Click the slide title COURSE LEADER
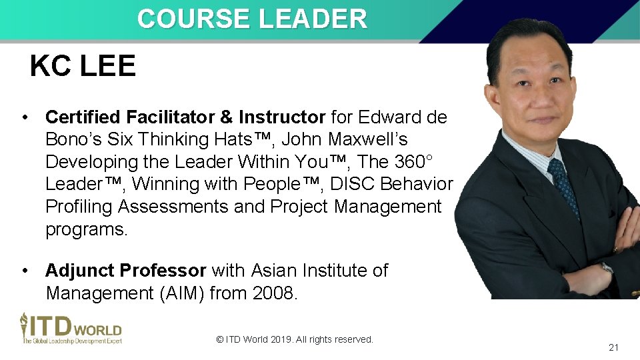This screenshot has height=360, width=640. (x=252, y=19)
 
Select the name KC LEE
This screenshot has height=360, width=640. (x=83, y=66)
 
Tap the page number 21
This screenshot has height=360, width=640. (x=613, y=347)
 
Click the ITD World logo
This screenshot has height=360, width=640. (x=71, y=328)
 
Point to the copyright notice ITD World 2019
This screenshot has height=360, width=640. (x=295, y=339)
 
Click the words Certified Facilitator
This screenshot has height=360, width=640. (x=129, y=117)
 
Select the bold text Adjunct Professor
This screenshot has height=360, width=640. (x=125, y=271)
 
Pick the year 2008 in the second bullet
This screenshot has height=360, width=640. (x=273, y=293)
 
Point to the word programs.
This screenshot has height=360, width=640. (x=86, y=229)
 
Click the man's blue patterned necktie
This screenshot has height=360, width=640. (x=563, y=186)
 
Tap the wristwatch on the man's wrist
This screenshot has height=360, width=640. (x=607, y=267)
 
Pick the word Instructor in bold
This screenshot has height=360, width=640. (x=281, y=117)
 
